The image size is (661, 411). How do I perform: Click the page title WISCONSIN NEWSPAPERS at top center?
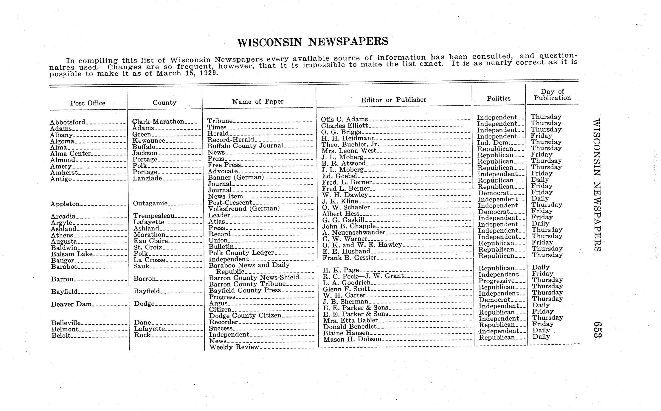click(313, 42)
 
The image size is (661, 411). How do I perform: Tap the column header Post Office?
click(88, 103)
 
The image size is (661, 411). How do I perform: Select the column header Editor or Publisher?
click(393, 100)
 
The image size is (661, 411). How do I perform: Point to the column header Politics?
click(498, 98)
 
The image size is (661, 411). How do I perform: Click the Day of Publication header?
click(552, 95)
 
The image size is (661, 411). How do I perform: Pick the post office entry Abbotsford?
click(68, 122)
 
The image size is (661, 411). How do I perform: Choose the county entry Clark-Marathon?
click(158, 122)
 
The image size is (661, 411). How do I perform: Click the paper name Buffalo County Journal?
click(245, 146)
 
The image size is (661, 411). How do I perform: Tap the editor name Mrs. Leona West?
click(349, 151)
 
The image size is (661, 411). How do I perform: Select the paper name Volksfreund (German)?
click(244, 208)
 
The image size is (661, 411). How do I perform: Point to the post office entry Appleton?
click(65, 204)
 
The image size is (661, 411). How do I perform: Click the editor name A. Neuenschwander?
click(354, 232)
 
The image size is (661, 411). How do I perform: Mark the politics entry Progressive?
click(496, 281)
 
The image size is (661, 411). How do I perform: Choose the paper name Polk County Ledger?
click(241, 253)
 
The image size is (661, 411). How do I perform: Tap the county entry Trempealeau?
click(154, 216)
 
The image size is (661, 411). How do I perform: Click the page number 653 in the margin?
click(597, 329)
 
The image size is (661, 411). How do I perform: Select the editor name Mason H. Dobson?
click(352, 339)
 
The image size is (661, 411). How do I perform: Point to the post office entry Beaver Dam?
click(71, 304)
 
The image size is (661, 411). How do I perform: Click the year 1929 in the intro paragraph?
click(208, 73)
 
